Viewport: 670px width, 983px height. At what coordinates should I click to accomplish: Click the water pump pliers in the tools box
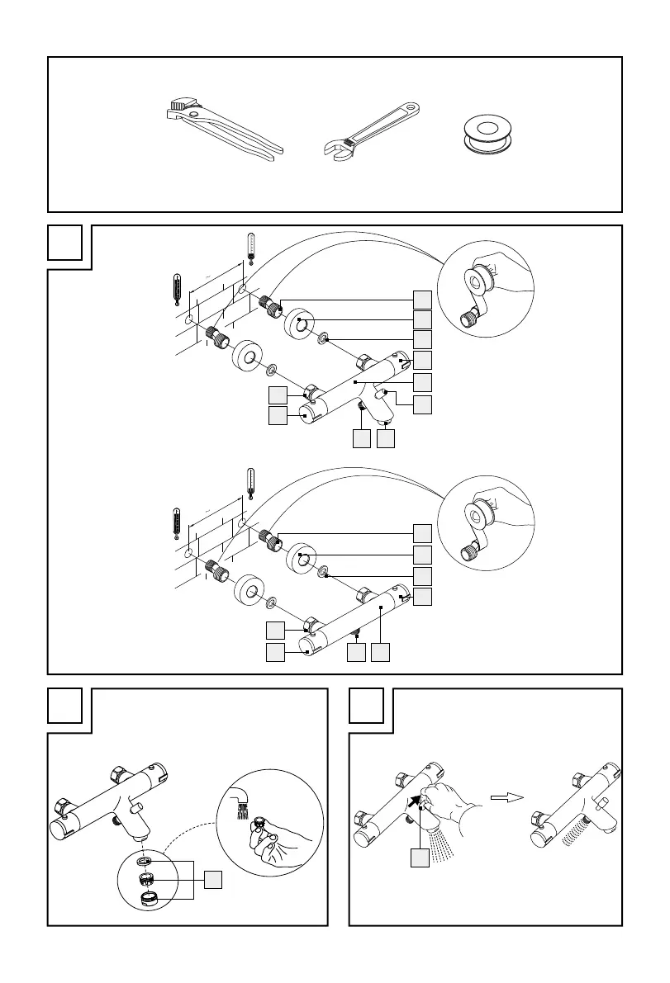coord(219,128)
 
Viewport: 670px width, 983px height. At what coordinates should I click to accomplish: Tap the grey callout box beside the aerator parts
coord(215,881)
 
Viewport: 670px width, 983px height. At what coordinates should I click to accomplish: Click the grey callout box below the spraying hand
coord(421,859)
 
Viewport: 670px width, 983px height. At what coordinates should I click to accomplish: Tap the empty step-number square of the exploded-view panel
coord(64,241)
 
